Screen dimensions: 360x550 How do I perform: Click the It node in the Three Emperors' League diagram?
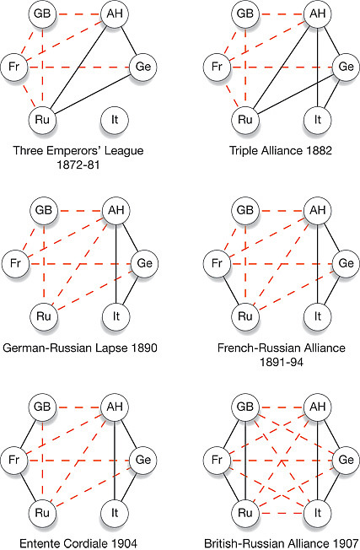pos(115,120)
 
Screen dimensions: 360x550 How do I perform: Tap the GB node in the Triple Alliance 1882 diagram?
pos(245,14)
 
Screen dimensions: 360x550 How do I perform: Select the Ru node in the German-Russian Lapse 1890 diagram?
pos(44,316)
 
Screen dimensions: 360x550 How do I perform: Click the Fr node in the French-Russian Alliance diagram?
pos(218,263)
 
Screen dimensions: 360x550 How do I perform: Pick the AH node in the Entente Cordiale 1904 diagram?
pos(115,407)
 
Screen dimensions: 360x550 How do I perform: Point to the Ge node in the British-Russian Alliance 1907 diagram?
pos(346,460)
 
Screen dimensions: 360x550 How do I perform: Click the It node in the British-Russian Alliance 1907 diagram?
pos(318,513)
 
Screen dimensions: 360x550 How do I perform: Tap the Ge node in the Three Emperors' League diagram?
pos(143,67)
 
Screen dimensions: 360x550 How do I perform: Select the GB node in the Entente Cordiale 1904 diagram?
pos(42,407)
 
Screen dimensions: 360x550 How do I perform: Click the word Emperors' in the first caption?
pos(73,151)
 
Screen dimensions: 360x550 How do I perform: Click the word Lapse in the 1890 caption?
pos(111,348)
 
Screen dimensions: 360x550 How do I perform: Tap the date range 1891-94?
pos(282,362)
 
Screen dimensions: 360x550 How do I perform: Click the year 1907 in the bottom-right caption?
pos(346,543)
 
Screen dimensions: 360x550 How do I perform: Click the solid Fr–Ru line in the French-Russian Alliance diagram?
pos(231,289)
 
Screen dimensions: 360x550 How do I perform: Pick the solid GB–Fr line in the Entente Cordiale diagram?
pos(28,434)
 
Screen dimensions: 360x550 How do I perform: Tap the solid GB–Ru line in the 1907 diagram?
pos(245,460)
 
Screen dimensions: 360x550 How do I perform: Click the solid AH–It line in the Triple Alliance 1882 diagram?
pos(318,67)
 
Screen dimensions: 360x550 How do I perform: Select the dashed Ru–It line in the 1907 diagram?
pos(282,513)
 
